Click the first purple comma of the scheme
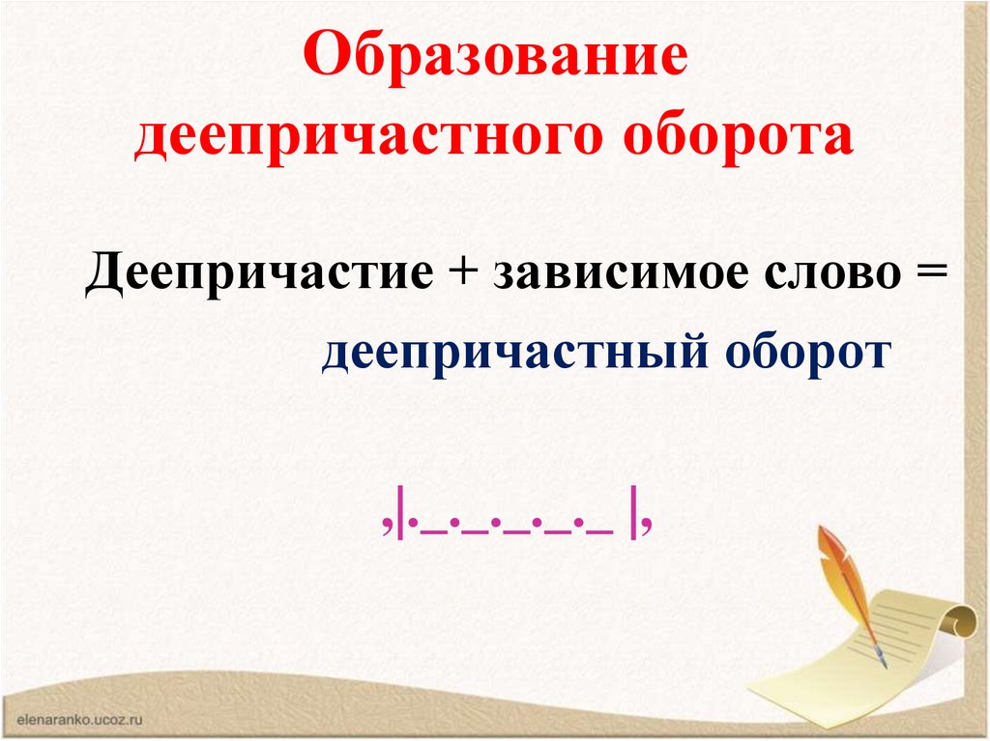pyautogui.click(x=386, y=528)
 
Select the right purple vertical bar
pyautogui.click(x=632, y=520)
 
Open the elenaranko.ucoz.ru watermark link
pyautogui.click(x=80, y=719)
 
